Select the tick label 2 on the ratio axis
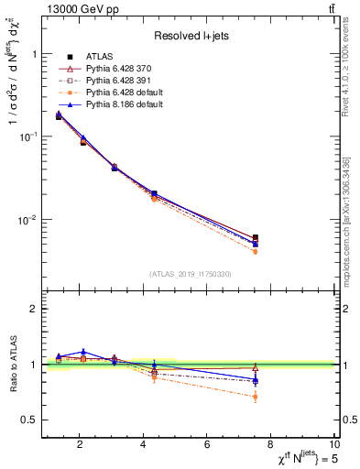tap(35, 309)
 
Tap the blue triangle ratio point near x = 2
tap(83, 352)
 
